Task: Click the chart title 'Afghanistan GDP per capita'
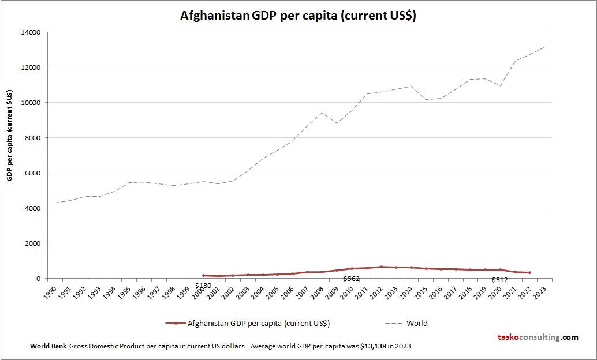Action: [x=298, y=16]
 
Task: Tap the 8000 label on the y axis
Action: [x=32, y=138]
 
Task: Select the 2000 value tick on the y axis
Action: [x=32, y=243]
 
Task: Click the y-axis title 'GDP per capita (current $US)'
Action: [x=10, y=135]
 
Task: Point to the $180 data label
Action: [x=203, y=286]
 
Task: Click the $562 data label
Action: [x=351, y=279]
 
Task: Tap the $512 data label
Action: [x=499, y=280]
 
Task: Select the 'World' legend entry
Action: [x=417, y=324]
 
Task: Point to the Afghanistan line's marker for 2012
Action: [x=381, y=267]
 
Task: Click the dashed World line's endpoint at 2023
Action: [x=544, y=47]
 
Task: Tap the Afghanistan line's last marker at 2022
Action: [x=529, y=272]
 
